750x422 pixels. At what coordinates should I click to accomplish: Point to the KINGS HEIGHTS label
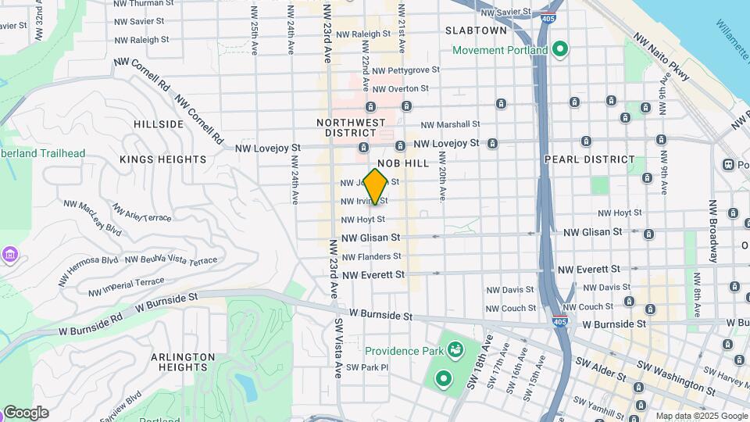[x=162, y=159]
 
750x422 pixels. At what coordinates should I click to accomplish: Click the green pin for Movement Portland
[x=559, y=50]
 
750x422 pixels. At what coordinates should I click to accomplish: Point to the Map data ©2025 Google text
[x=701, y=416]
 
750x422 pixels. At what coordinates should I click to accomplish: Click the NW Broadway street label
[x=713, y=231]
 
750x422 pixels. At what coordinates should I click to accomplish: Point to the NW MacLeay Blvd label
[x=93, y=218]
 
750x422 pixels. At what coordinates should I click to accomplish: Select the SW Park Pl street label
[x=367, y=367]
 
